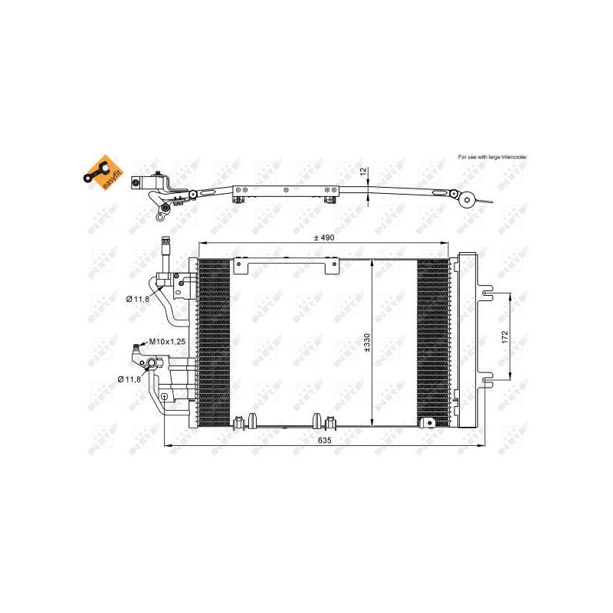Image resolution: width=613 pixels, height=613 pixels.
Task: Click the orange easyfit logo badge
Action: [x=103, y=173]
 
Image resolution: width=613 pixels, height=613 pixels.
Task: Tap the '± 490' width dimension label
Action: [x=324, y=238]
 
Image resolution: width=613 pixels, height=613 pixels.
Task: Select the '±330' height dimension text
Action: [x=366, y=343]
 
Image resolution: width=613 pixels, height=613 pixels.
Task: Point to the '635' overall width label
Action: [x=324, y=440]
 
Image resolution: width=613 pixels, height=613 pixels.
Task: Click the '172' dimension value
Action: [x=505, y=337]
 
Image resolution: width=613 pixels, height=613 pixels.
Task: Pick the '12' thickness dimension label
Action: [x=363, y=171]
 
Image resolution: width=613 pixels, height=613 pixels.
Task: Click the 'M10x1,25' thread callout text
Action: [x=167, y=342]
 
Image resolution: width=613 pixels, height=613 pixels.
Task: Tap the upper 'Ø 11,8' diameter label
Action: [x=138, y=299]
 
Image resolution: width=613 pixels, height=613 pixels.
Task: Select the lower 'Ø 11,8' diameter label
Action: [x=129, y=379]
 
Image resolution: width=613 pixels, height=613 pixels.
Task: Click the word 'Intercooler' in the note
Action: [x=514, y=157]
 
